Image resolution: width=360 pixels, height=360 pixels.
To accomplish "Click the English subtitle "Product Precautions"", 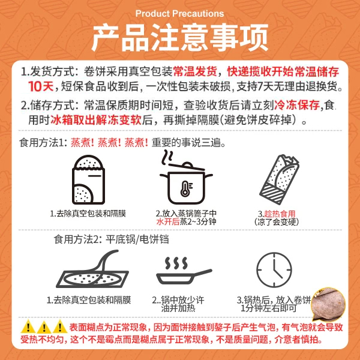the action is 179,14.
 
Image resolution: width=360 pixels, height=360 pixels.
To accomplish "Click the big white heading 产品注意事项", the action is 180,38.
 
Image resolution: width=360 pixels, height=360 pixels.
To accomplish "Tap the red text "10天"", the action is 41,86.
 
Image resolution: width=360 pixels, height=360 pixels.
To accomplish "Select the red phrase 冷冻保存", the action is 297,105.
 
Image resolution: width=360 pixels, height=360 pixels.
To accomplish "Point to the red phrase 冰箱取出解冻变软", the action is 96,120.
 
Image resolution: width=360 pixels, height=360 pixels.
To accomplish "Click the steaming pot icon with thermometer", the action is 185,177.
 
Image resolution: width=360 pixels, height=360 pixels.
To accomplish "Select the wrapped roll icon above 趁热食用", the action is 280,179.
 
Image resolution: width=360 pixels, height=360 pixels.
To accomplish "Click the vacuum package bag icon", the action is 88,180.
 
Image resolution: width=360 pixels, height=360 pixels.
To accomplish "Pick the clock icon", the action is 274,270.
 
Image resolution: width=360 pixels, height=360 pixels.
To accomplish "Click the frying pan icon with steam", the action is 184,271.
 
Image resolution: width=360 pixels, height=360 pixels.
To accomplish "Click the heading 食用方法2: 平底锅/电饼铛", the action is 111,239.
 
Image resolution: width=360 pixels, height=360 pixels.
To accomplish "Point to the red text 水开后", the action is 167,222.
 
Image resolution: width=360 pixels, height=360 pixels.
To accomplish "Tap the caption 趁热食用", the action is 280,214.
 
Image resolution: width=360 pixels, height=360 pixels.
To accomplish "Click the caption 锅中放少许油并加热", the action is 178,304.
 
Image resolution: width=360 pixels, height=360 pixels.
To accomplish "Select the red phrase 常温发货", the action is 195,71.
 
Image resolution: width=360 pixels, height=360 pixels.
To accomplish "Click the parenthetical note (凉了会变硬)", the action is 277,222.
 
